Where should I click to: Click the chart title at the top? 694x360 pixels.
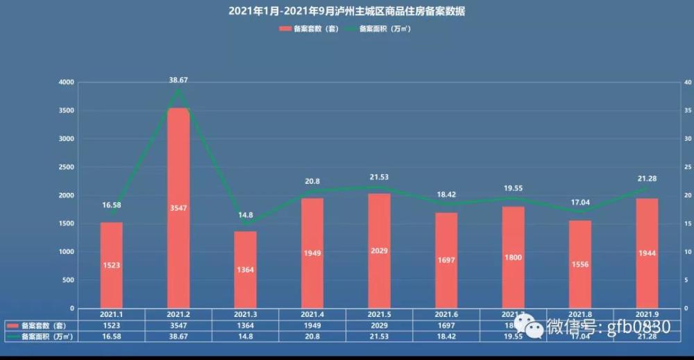click(347, 11)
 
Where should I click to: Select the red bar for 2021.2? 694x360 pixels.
click(178, 208)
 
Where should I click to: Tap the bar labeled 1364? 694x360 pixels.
click(245, 270)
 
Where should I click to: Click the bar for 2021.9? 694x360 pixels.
click(647, 253)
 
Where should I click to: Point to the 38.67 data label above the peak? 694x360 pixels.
click(178, 80)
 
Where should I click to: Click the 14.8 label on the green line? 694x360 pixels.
click(245, 215)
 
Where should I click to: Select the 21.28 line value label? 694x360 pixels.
click(647, 180)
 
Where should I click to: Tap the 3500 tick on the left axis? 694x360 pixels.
click(66, 111)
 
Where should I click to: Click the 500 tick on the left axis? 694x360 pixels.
click(67, 280)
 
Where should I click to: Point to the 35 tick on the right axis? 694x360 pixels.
click(687, 111)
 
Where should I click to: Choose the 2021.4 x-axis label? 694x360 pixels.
click(312, 314)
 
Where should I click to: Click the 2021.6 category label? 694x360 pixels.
click(446, 314)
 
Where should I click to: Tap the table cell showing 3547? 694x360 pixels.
click(178, 325)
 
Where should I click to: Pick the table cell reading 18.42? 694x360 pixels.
click(446, 336)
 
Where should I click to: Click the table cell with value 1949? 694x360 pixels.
click(312, 325)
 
